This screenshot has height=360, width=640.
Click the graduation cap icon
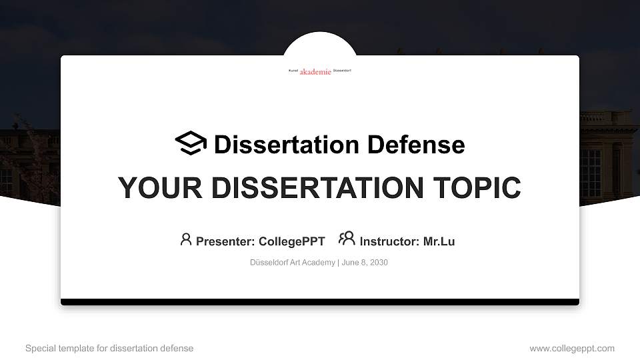tap(191, 143)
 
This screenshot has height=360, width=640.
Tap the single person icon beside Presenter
tap(186, 239)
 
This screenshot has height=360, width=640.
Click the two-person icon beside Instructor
tap(347, 239)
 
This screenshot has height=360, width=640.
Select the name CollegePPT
tap(291, 241)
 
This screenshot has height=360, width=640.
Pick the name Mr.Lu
tap(439, 241)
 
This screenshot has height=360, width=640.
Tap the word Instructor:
tap(389, 241)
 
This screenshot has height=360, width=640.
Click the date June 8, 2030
tap(365, 263)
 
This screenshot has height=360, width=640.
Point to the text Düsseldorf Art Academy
tap(293, 263)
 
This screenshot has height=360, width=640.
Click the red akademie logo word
tap(315, 71)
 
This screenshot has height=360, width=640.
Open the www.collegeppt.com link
tap(572, 348)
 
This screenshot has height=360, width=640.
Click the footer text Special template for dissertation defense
tap(109, 348)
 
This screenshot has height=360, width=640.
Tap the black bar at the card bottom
tap(320, 302)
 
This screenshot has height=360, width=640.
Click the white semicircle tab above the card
tap(320, 44)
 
